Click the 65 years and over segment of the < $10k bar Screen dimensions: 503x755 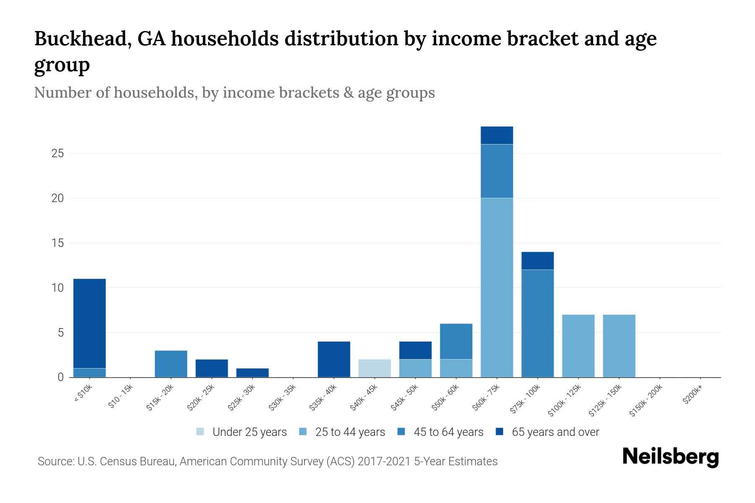[x=89, y=323]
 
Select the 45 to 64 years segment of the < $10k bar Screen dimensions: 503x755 [x=89, y=373]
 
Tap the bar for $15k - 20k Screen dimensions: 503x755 [x=171, y=364]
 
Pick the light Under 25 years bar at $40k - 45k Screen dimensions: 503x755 [x=375, y=368]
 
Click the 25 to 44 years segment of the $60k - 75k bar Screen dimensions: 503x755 [x=497, y=287]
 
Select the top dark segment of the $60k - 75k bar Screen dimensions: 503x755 [x=497, y=135]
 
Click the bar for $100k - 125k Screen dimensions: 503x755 [x=578, y=346]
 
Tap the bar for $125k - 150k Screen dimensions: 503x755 [x=619, y=346]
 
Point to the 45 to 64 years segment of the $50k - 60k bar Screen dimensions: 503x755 [x=456, y=341]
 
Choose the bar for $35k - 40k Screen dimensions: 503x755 [x=334, y=359]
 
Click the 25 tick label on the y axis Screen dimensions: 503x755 [x=57, y=153]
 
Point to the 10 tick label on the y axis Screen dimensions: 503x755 [x=57, y=288]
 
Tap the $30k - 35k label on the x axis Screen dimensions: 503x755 [x=283, y=397]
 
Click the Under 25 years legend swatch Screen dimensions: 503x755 [x=200, y=431]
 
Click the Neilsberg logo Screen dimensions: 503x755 [x=670, y=457]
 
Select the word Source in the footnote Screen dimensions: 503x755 [x=55, y=462]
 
